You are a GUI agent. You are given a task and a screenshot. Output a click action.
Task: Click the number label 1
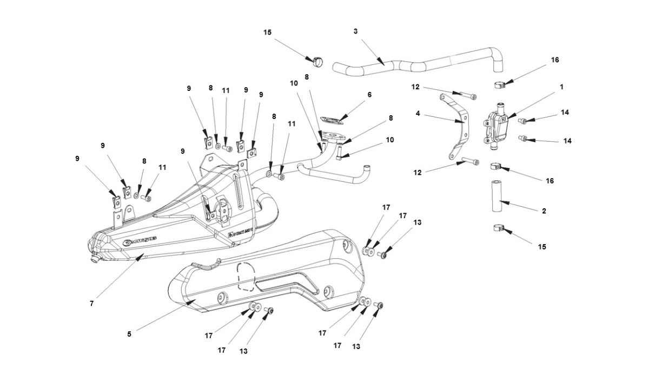[x=561, y=87]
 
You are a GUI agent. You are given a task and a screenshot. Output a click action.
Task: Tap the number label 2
[x=544, y=211]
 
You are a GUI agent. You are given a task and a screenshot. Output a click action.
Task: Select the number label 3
[x=355, y=31]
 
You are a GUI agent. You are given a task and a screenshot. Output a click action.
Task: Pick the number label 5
[x=129, y=334]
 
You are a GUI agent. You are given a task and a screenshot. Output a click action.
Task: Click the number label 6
[x=369, y=94]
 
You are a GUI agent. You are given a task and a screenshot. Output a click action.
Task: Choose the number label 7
[x=92, y=304]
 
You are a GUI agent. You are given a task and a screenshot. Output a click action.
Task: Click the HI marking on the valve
[x=504, y=117]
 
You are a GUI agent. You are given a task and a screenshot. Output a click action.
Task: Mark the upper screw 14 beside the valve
[x=523, y=121]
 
